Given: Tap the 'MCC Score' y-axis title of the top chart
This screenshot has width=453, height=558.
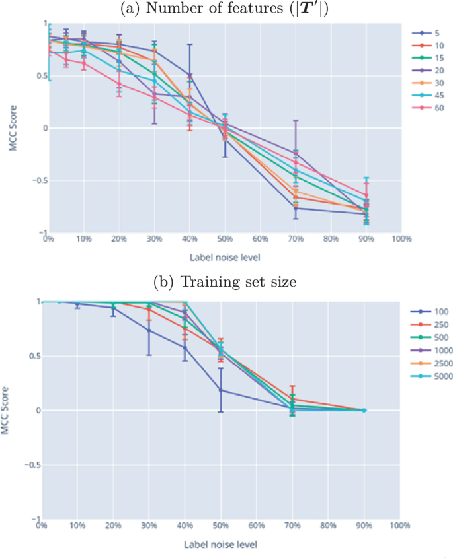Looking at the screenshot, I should (x=13, y=129).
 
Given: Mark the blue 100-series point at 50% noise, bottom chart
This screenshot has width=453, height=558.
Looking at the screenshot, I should (x=221, y=390).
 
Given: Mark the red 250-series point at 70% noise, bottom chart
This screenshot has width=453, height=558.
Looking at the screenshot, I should (x=292, y=399).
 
